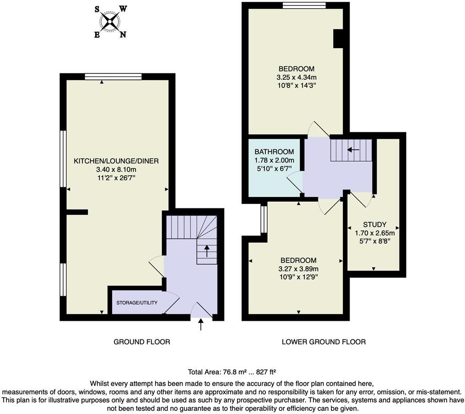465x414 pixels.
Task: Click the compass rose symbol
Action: click(110, 21)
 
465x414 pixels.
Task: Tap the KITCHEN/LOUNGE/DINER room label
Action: click(116, 161)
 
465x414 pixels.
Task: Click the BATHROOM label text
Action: click(274, 152)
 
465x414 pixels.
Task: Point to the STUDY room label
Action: click(374, 224)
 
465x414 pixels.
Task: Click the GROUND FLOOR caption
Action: click(142, 342)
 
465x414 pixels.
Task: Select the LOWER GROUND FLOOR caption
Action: click(324, 342)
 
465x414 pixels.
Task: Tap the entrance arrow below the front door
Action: click(200, 325)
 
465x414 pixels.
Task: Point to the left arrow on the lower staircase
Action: click(353, 149)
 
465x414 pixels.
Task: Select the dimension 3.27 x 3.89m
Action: click(298, 269)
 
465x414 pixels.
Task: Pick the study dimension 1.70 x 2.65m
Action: click(374, 233)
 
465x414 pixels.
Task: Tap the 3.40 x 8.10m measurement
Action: click(116, 169)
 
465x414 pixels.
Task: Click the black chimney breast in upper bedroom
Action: click(338, 38)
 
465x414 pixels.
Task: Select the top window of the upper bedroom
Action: click(304, 5)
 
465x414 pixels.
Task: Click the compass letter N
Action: click(123, 34)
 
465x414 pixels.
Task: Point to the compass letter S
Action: click(97, 9)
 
